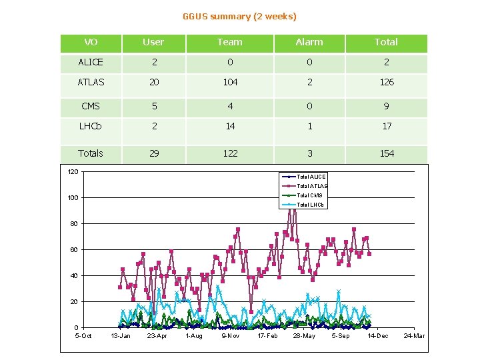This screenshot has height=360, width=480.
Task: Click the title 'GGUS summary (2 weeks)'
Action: [x=239, y=16]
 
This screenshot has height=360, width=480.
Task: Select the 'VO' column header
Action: [x=91, y=42]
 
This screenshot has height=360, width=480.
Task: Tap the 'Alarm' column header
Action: [x=309, y=42]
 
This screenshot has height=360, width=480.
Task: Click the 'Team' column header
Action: [x=229, y=42]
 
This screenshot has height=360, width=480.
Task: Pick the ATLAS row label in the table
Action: [x=91, y=82]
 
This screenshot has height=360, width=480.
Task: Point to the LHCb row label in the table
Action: [x=91, y=126]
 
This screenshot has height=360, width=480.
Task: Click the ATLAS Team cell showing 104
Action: [x=229, y=82]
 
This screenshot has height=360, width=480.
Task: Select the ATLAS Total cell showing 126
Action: [x=386, y=82]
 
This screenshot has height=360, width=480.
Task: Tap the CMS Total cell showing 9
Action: [x=386, y=106]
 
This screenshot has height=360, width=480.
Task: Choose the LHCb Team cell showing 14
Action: [x=229, y=126]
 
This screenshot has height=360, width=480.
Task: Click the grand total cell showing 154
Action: [x=386, y=153]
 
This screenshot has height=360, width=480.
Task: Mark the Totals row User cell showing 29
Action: [x=153, y=153]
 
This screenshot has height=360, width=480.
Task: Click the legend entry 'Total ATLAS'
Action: [x=311, y=186]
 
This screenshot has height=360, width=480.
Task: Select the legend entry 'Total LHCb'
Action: [x=311, y=205]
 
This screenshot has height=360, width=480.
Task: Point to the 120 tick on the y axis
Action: [x=73, y=172]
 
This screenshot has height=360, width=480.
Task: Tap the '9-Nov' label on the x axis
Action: [x=231, y=336]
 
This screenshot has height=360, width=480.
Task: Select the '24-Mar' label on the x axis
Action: [x=414, y=336]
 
